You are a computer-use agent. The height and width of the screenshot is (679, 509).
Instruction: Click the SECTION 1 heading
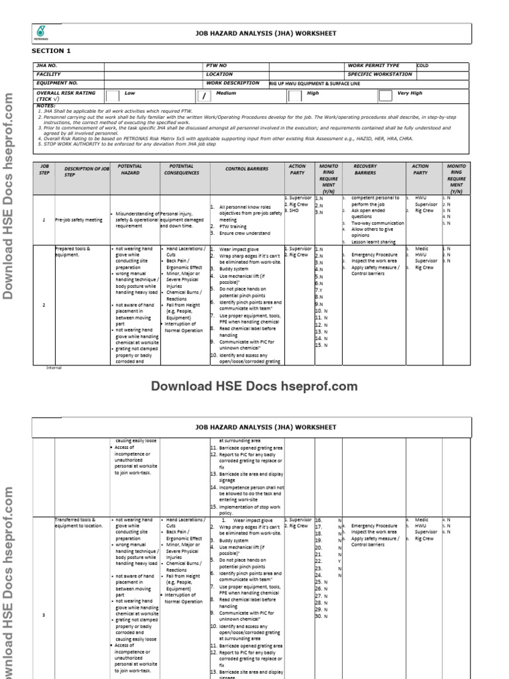tap(51, 51)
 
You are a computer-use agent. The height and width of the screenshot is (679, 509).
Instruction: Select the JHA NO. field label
tap(48, 66)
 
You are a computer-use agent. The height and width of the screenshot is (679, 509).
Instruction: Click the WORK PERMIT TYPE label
tap(373, 66)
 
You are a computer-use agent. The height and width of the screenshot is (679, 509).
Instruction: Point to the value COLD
tap(423, 65)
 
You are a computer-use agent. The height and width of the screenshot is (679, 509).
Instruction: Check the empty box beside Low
tap(113, 96)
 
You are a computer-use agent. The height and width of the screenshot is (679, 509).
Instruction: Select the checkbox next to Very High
tap(384, 96)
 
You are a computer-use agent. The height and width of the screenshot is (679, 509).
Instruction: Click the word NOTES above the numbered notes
tap(46, 105)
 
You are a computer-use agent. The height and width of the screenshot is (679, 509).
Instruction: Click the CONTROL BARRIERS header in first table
tap(246, 169)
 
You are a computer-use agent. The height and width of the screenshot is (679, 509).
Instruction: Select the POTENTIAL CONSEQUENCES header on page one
tap(181, 169)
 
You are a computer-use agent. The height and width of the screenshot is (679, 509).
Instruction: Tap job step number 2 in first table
tap(43, 304)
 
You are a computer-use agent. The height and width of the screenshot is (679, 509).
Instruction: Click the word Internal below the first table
tap(53, 367)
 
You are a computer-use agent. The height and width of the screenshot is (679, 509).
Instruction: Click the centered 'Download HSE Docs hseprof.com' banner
tap(254, 387)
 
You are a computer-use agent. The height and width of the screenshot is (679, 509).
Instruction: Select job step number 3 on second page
tap(43, 615)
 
